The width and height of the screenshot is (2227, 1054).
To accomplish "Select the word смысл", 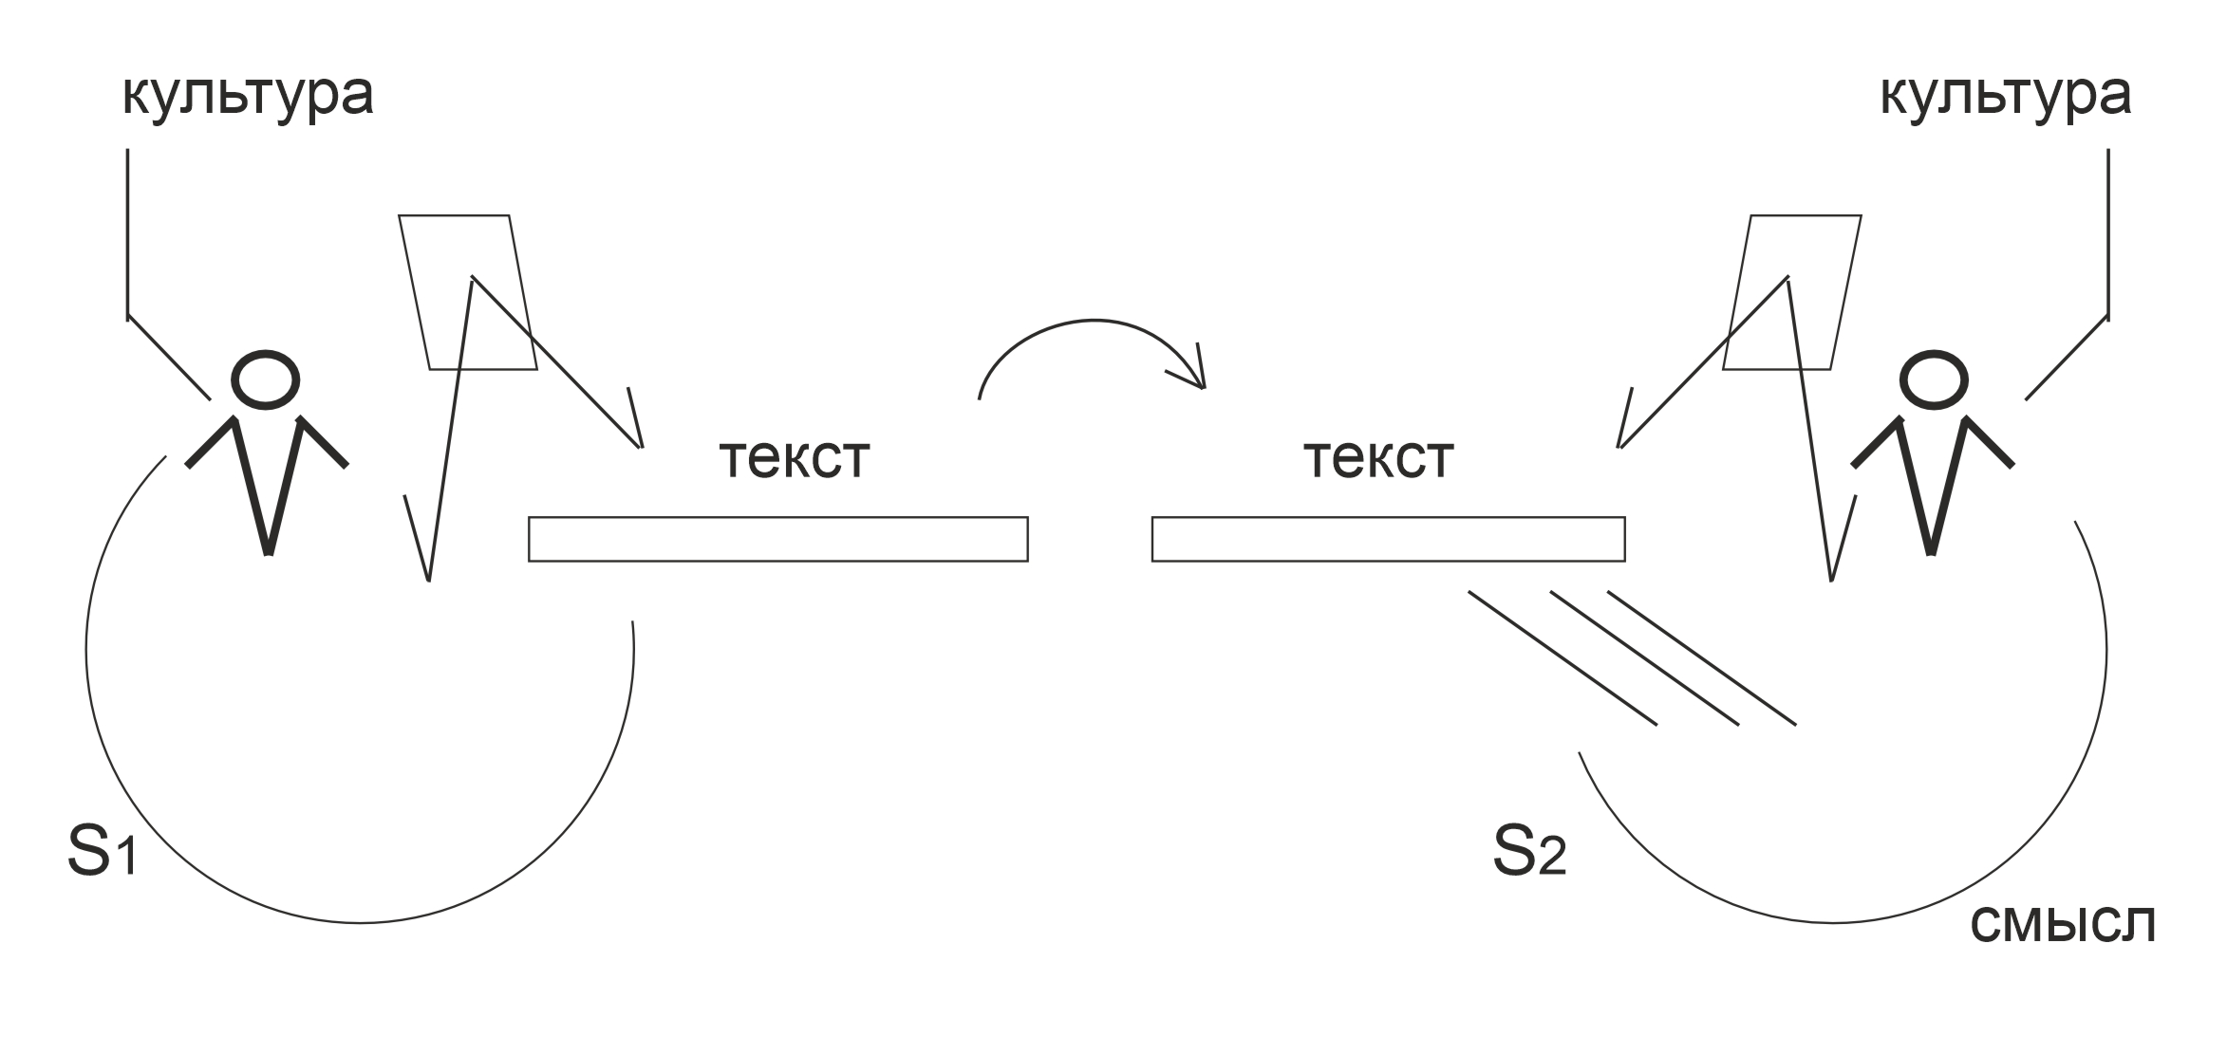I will point(2062,921).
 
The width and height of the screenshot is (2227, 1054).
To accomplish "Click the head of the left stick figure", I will point(266,380).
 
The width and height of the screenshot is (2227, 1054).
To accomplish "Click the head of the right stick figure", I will point(1933,380).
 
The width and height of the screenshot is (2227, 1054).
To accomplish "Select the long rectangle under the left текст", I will point(778,539).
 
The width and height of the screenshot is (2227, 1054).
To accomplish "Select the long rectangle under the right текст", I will point(1388,539).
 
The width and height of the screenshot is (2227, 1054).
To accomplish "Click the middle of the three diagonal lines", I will point(1644,658).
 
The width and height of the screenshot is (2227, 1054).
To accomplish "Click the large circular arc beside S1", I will point(361,921).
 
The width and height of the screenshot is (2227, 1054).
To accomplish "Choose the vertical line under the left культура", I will point(128,232).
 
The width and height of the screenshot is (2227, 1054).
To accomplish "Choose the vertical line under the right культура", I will point(2108,232).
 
